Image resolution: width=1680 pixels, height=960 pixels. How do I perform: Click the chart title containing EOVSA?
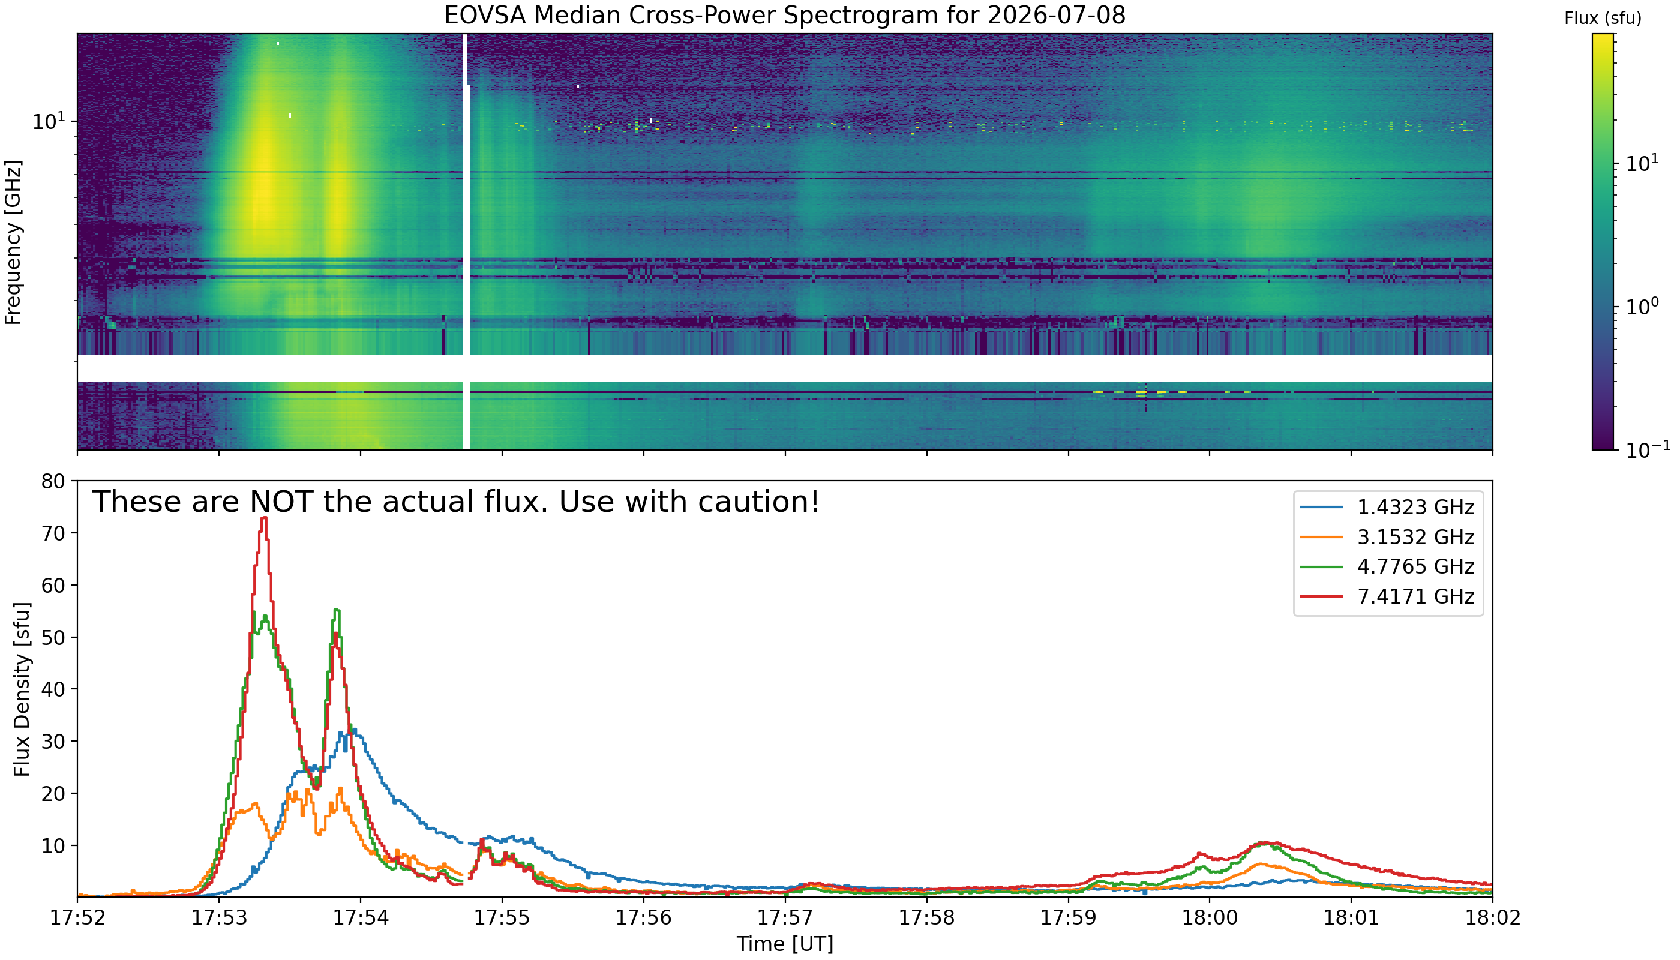pyautogui.click(x=785, y=15)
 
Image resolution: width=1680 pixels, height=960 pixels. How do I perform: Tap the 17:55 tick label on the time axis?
pyautogui.click(x=502, y=918)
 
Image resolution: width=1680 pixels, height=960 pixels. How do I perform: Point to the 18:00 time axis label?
pyautogui.click(x=1209, y=918)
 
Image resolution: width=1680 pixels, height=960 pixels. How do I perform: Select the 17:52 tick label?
pyautogui.click(x=78, y=918)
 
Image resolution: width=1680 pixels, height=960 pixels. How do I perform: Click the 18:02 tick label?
pyautogui.click(x=1492, y=918)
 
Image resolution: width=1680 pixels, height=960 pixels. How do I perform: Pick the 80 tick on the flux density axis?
pyautogui.click(x=53, y=481)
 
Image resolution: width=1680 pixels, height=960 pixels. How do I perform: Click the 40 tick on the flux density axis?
pyautogui.click(x=53, y=689)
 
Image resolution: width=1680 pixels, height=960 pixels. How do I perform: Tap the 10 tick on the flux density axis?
pyautogui.click(x=53, y=845)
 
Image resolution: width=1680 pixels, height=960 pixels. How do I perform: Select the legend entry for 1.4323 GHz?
pyautogui.click(x=1387, y=507)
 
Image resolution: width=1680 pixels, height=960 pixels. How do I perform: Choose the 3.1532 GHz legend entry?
pyautogui.click(x=1387, y=537)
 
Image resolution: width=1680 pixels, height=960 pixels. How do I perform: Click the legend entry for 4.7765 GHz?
pyautogui.click(x=1387, y=566)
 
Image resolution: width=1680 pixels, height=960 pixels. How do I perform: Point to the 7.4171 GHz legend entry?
pyautogui.click(x=1387, y=596)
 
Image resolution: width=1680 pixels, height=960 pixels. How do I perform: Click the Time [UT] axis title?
pyautogui.click(x=785, y=944)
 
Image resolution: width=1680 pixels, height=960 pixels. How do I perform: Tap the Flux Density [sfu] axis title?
pyautogui.click(x=22, y=689)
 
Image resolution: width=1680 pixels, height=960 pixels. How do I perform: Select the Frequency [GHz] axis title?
pyautogui.click(x=13, y=242)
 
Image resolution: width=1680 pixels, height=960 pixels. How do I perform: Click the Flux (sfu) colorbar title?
pyautogui.click(x=1603, y=19)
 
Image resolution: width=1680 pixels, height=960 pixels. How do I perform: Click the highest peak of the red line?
pyautogui.click(x=265, y=518)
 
